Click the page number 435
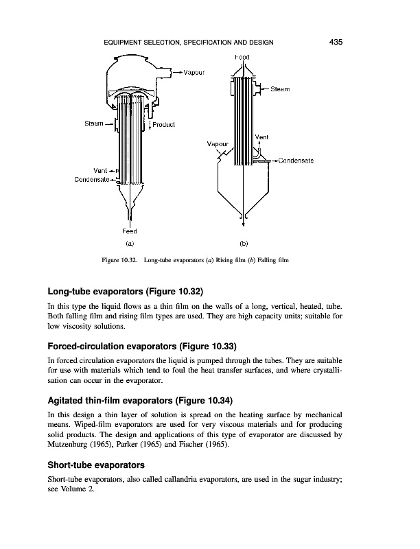click(x=336, y=42)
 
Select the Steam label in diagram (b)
click(x=280, y=89)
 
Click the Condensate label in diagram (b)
click(x=296, y=161)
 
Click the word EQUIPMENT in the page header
click(x=126, y=43)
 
